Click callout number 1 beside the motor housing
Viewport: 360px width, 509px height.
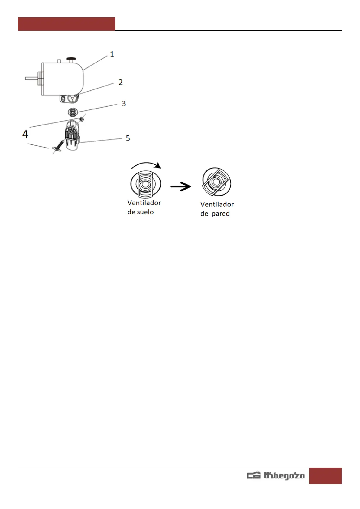point(112,54)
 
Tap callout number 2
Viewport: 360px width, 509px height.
point(121,83)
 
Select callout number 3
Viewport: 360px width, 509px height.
point(124,104)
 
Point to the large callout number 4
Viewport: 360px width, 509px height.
point(25,134)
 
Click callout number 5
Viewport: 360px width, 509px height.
point(128,138)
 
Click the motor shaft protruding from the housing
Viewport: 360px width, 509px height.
point(31,79)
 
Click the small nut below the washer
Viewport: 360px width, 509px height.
point(81,119)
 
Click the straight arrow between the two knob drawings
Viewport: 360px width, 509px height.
point(181,186)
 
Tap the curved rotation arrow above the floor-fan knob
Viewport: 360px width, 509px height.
point(146,165)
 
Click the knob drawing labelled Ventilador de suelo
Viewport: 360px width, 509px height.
point(145,183)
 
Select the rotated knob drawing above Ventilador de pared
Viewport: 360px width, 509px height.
point(216,182)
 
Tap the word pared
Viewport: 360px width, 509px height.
point(220,214)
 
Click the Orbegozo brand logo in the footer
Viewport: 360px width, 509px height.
point(276,475)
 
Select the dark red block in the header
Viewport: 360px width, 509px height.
point(66,24)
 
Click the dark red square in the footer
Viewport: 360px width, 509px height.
point(325,475)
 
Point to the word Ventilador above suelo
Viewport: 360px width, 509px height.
point(144,203)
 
